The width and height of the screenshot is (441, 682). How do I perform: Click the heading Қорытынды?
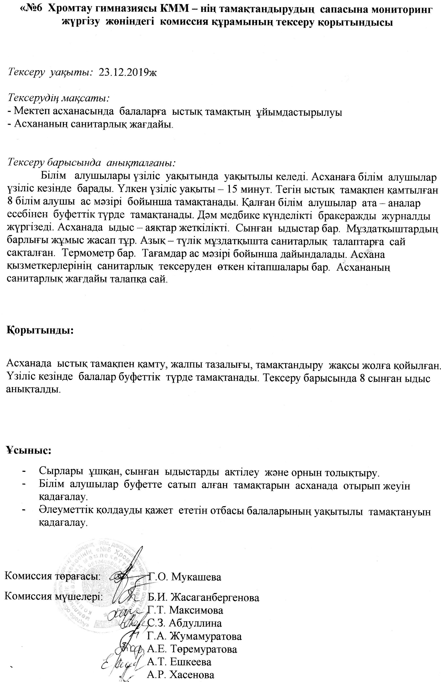[40, 330]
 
